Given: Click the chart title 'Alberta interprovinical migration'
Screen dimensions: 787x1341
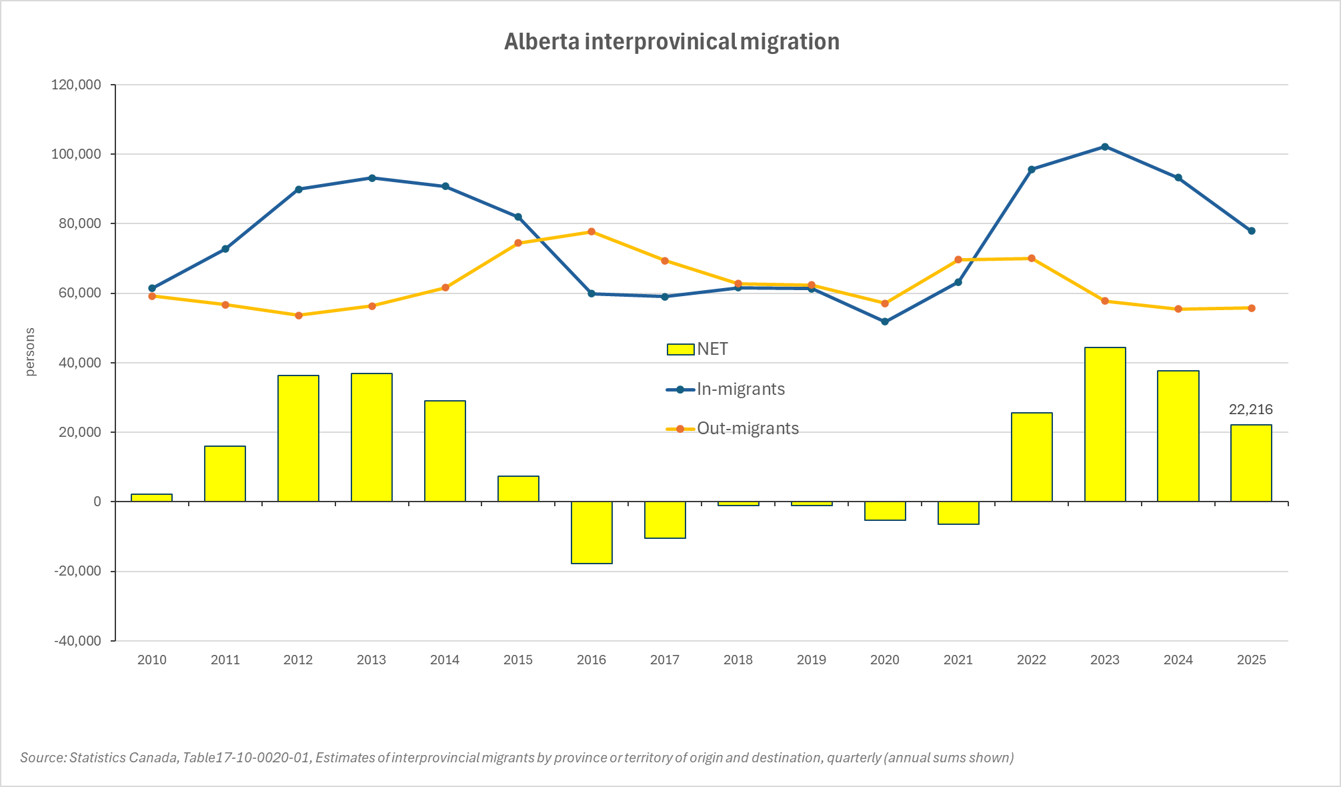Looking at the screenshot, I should point(672,41).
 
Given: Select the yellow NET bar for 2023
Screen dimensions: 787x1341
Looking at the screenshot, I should point(1105,424).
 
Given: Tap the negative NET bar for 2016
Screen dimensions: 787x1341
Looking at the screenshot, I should point(591,532).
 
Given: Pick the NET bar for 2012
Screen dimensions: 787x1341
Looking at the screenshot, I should point(298,438).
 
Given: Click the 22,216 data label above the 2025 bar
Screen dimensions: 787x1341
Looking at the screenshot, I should point(1251,410).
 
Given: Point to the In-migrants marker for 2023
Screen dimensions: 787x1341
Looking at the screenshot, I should point(1105,147).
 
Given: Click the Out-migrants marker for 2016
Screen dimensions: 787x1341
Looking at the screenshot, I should point(591,231).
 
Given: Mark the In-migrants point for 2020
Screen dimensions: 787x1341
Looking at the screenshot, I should point(885,321).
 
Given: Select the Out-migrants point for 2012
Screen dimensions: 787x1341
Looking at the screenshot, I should point(298,315).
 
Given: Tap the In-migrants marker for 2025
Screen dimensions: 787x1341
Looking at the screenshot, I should point(1252,231).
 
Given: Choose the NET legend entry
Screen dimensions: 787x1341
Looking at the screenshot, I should point(698,349).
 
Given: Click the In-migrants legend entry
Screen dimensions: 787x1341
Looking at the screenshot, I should point(726,389).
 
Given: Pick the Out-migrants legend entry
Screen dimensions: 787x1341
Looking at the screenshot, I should point(733,429).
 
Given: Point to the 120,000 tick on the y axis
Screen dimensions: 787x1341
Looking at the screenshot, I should point(77,85).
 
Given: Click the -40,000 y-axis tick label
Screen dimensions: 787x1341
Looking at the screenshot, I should point(77,641).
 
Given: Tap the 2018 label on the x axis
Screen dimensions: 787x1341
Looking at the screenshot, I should point(738,660).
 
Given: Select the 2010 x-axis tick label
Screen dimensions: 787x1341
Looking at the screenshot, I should point(151,660).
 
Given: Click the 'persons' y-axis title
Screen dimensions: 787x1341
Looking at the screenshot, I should point(30,352).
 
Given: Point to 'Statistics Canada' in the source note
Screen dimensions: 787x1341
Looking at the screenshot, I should point(123,758).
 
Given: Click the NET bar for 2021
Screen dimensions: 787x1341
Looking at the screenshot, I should point(958,513).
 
